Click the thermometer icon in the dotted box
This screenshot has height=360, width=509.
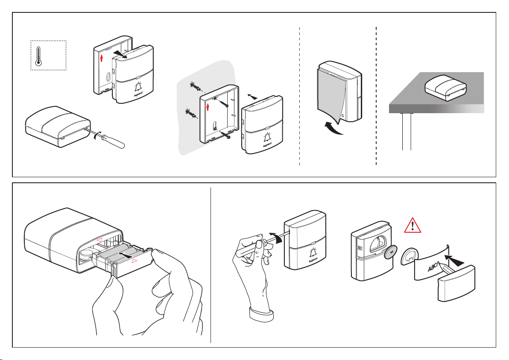(38, 56)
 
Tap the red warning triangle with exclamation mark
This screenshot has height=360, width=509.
(412, 225)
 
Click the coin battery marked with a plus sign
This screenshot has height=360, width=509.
(391, 252)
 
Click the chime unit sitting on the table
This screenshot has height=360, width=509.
(446, 88)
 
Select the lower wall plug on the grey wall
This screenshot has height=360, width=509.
(191, 114)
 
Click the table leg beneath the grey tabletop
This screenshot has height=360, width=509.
(407, 132)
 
